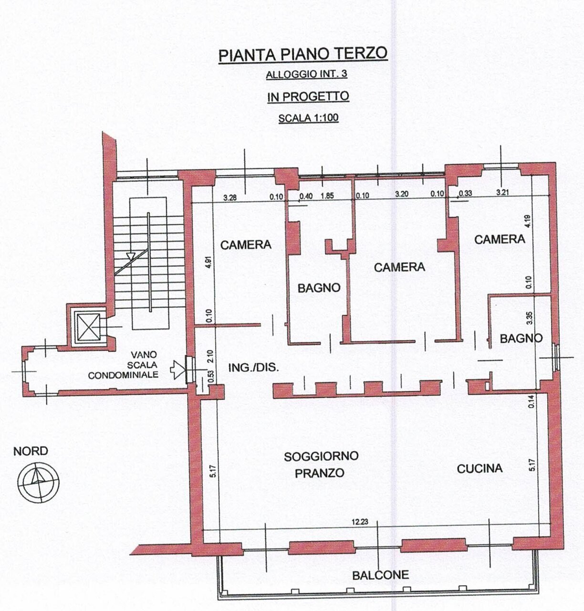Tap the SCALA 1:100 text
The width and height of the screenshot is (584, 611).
tap(308, 117)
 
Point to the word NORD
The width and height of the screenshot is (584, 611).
tap(31, 451)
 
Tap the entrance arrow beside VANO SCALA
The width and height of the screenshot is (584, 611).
tap(178, 369)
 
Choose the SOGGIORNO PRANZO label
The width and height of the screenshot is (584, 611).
tap(321, 464)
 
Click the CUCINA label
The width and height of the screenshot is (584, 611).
tap(480, 468)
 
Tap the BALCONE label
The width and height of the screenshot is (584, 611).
tap(380, 575)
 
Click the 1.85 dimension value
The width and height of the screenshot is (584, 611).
tap(327, 196)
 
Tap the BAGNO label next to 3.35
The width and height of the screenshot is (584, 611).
tap(521, 338)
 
